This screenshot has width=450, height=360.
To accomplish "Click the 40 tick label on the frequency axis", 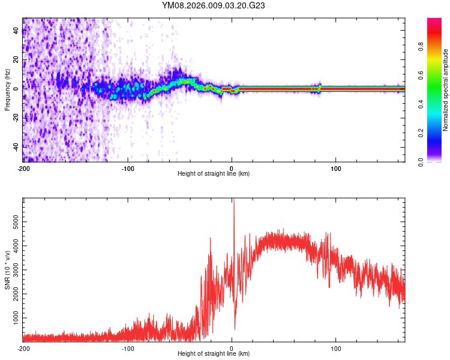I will (16, 31).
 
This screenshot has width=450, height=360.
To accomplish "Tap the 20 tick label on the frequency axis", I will (16, 59).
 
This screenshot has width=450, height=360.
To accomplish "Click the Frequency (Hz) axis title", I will (7, 90).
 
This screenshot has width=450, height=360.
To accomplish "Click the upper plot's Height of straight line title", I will (214, 173).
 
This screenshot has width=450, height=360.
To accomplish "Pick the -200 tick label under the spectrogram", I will (23, 168).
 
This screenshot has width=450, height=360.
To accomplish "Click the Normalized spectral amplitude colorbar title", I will (445, 90).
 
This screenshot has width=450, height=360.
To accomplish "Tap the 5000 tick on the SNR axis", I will (14, 222).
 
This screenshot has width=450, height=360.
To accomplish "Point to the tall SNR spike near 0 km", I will (233, 204).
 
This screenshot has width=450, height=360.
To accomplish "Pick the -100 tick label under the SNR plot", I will (127, 348).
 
